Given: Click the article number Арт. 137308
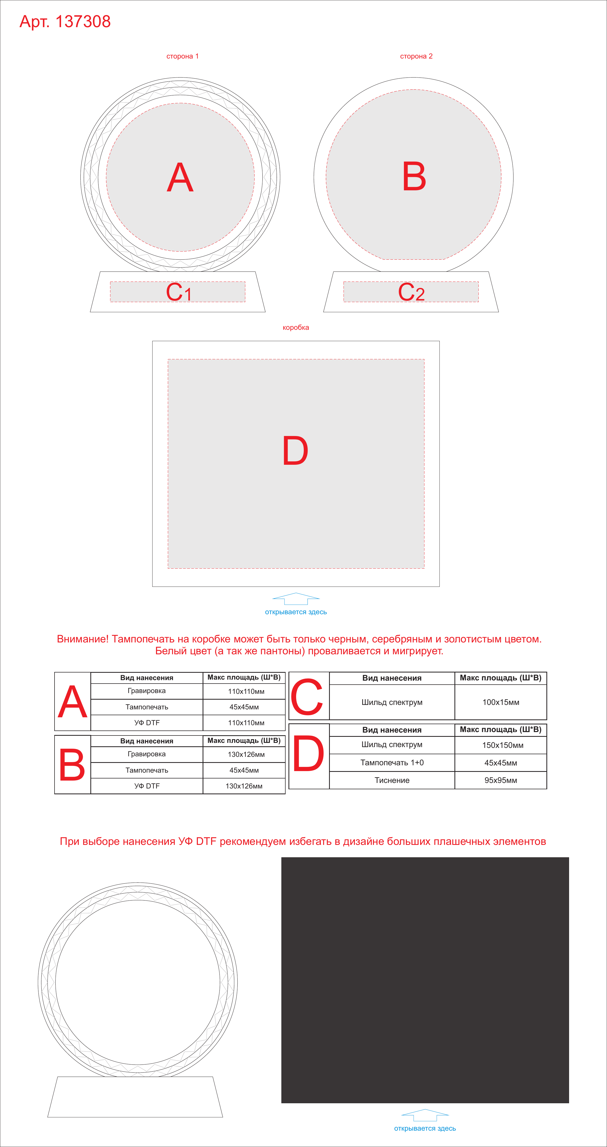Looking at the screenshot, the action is coord(65,21).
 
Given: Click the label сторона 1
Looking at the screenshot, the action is coord(183,56).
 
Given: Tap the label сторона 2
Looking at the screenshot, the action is coord(416,56).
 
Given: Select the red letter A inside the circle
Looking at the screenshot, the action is coord(180,177).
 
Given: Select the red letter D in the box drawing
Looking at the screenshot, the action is coord(296,451).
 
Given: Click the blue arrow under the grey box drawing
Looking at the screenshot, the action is coord(296,598).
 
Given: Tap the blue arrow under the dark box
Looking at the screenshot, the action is coord(425,1115).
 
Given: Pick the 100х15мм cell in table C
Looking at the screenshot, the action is coord(501,702).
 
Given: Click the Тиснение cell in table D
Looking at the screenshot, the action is coord(392,780).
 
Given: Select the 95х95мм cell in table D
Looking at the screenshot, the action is coord(501,780).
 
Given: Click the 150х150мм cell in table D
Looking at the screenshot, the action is coord(501,745).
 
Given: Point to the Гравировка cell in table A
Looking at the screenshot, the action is coord(147,691).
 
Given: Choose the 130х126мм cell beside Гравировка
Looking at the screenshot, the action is coord(244,754).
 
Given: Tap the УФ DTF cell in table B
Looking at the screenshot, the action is coord(147,786).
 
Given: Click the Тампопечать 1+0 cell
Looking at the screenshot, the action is coord(392,763).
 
